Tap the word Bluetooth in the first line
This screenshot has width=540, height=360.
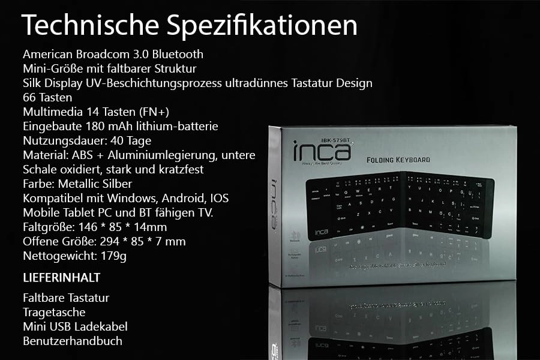click(x=178, y=54)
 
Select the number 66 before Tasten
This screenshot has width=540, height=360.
click(x=29, y=97)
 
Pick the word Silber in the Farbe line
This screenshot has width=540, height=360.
click(x=116, y=184)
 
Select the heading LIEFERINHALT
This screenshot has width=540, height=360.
click(x=61, y=278)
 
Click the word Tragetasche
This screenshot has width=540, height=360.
click(x=54, y=312)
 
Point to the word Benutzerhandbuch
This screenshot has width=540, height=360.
click(x=73, y=341)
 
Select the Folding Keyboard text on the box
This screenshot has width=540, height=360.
click(x=398, y=160)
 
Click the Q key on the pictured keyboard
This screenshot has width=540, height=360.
click(x=346, y=193)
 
